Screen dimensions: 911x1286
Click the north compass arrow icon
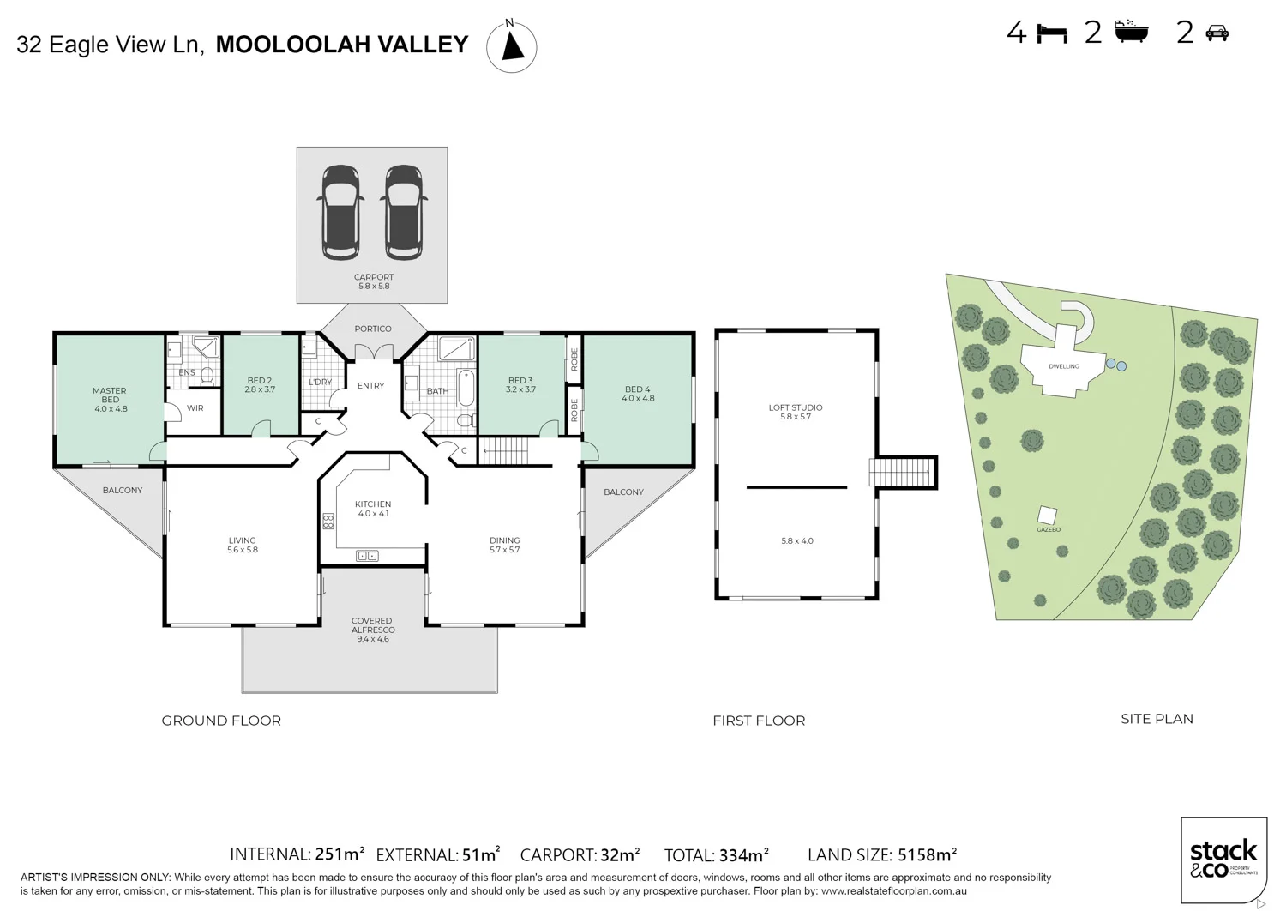512,46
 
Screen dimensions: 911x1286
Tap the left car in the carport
340,212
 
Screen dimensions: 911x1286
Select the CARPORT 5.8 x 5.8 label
373,281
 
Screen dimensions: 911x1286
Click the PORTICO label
373,329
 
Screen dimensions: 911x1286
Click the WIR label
195,408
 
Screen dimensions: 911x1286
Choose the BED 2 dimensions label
260,389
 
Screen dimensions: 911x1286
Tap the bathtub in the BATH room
466,388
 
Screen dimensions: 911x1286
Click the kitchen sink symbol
367,556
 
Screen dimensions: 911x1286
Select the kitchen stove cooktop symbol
328,521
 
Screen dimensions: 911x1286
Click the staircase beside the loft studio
901,472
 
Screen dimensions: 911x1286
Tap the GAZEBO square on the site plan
1047,515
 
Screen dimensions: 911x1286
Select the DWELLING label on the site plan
1064,366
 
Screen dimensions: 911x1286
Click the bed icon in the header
1052,33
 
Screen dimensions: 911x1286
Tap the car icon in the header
1217,33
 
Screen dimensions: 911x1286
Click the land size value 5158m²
927,854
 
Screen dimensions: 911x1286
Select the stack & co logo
1223,859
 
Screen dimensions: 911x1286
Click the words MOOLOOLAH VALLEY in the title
342,45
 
